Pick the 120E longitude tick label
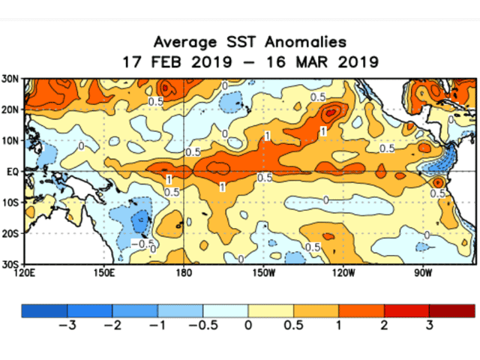24,272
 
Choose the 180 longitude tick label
183,272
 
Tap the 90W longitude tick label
422,272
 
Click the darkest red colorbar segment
452,310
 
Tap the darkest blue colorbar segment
44,310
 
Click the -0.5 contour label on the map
139,244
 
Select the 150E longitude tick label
103,272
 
